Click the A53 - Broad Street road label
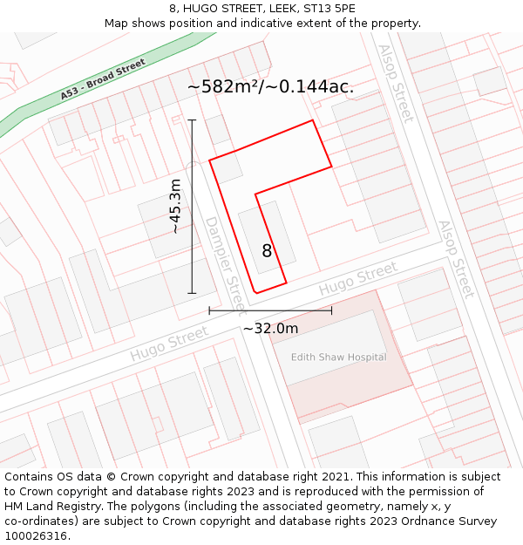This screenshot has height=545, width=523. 102,79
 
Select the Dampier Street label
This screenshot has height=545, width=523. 225,253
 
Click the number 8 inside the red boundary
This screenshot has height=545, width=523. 267,251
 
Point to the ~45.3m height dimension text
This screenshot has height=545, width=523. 175,207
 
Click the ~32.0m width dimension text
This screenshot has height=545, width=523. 270,328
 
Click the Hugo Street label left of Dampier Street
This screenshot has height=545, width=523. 169,344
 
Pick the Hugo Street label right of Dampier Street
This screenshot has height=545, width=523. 357,280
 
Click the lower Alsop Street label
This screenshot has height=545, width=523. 456,259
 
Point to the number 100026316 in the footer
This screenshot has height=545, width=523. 35,535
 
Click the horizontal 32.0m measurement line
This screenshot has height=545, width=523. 270,310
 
